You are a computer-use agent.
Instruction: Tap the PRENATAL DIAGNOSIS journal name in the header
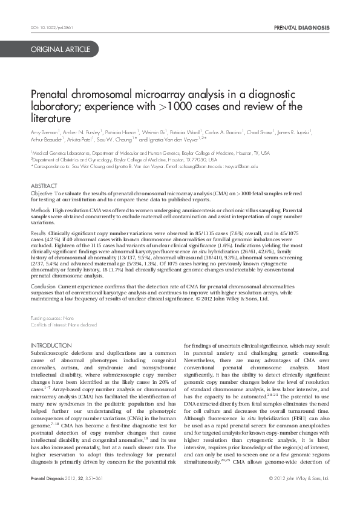tap(302, 28)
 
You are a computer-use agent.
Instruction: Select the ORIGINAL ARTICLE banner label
tap(62, 49)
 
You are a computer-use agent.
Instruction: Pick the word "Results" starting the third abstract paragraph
tap(38, 232)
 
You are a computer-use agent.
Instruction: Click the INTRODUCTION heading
tap(51, 346)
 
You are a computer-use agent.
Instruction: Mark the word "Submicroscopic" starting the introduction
tap(51, 352)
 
